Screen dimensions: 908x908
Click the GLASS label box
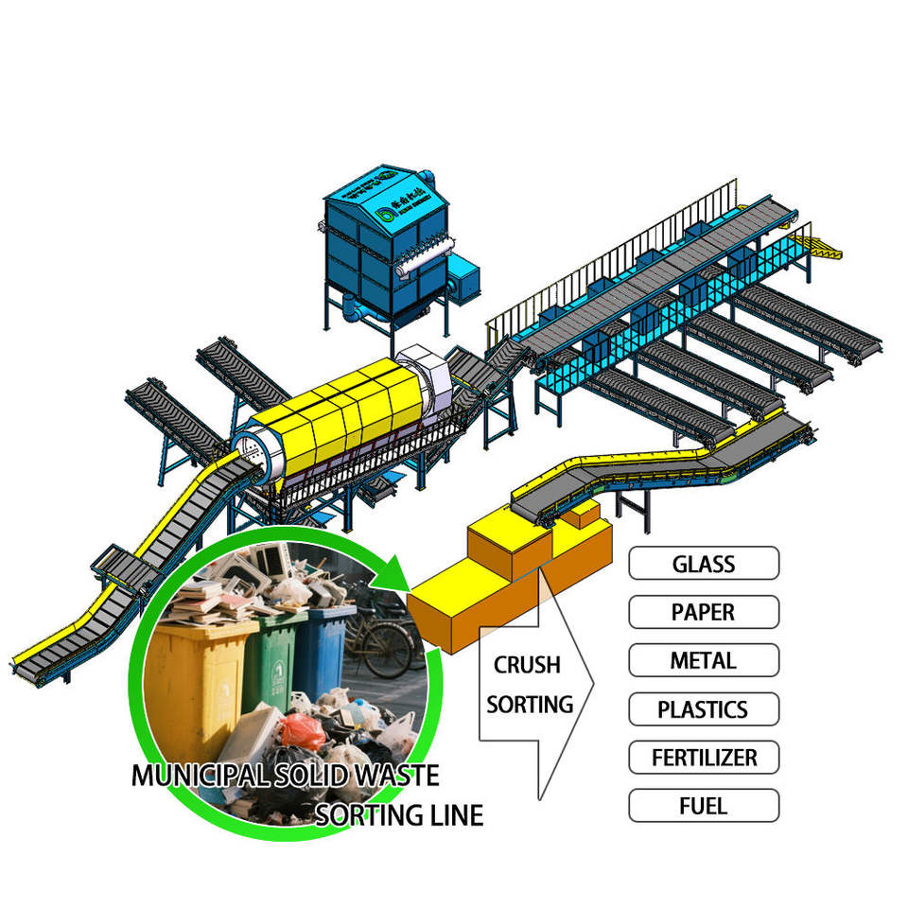pyautogui.click(x=704, y=564)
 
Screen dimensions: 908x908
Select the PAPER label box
pyautogui.click(x=704, y=612)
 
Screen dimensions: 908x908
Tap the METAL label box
pyautogui.click(x=704, y=660)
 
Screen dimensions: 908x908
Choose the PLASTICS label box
pyautogui.click(x=704, y=708)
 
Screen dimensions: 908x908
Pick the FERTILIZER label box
pyautogui.click(x=704, y=758)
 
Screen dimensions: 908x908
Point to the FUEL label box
pyautogui.click(x=704, y=806)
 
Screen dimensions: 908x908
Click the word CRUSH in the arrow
pyautogui.click(x=527, y=665)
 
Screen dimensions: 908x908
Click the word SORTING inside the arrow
pyautogui.click(x=531, y=704)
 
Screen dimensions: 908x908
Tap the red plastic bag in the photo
pyautogui.click(x=303, y=730)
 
